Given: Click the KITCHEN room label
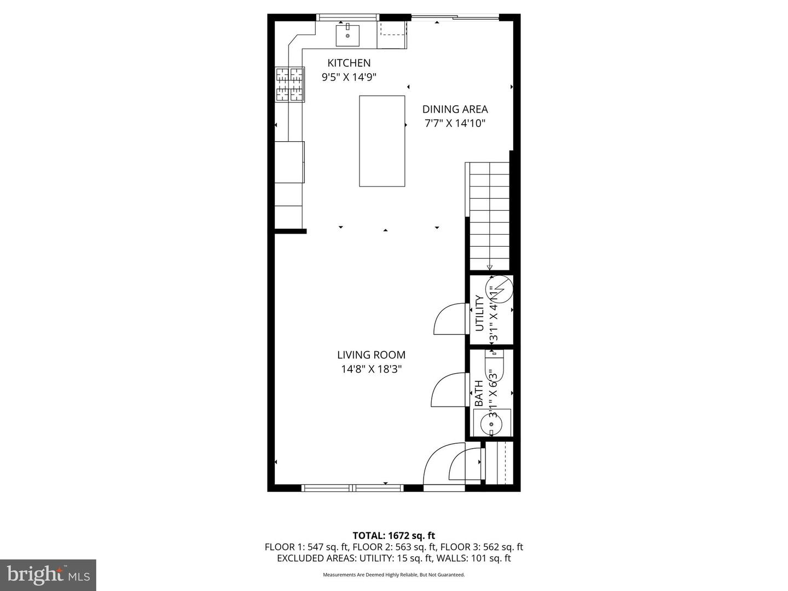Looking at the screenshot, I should [349, 63].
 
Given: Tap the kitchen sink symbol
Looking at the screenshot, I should [347, 34].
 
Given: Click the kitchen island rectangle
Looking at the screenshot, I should [382, 141].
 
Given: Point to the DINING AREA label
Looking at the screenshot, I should [455, 109].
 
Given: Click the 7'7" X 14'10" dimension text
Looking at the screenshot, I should [455, 124].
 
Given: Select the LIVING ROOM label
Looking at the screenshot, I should [371, 355].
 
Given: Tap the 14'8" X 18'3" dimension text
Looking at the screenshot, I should [371, 369].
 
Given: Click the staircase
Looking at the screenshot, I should [489, 216].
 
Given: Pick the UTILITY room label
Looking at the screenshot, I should [479, 313].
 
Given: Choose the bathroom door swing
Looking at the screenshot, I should [448, 390].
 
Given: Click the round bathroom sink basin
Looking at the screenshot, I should [489, 423].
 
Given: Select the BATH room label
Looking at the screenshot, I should [479, 393].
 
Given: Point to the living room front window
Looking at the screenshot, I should [352, 488].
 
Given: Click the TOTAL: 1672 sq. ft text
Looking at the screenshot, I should [393, 536].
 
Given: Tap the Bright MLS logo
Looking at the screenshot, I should [48, 575].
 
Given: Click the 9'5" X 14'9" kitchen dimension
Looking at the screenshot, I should [349, 77].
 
